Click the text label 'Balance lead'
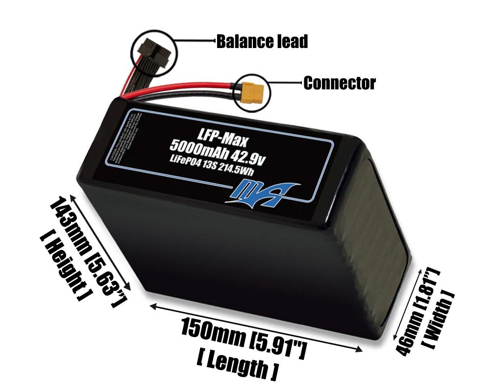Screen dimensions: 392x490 [x=262, y=42]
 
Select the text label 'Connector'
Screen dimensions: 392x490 [x=340, y=83]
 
